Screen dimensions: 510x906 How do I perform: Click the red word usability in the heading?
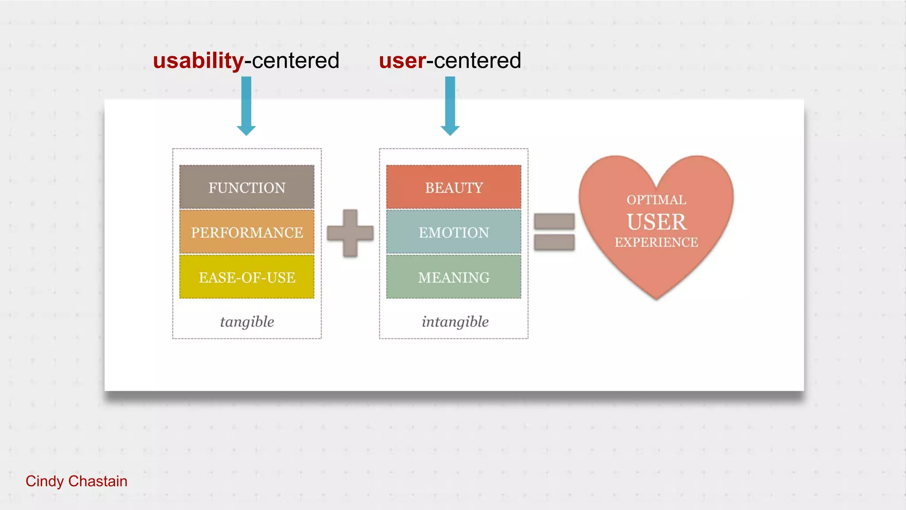click(198, 61)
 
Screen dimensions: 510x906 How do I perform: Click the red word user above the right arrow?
click(402, 61)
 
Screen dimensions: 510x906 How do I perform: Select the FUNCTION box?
click(247, 187)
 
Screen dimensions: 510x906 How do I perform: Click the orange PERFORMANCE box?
click(247, 232)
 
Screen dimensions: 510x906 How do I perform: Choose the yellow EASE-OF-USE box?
click(247, 277)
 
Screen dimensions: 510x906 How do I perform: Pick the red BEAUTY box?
click(453, 187)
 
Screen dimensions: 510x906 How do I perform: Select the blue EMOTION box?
click(453, 232)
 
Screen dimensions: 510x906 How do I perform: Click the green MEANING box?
click(453, 277)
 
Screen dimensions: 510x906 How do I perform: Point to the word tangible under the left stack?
click(247, 321)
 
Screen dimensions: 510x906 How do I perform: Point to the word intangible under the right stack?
click(455, 321)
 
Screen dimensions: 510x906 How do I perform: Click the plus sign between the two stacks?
click(350, 233)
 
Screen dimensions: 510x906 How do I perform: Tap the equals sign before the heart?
click(554, 232)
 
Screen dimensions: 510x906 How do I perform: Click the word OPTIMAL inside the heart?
click(656, 200)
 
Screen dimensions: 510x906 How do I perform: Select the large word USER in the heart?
click(656, 222)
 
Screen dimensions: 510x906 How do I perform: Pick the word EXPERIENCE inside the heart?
click(656, 242)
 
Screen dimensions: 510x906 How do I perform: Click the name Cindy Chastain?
click(77, 481)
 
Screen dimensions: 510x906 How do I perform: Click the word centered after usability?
click(295, 61)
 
